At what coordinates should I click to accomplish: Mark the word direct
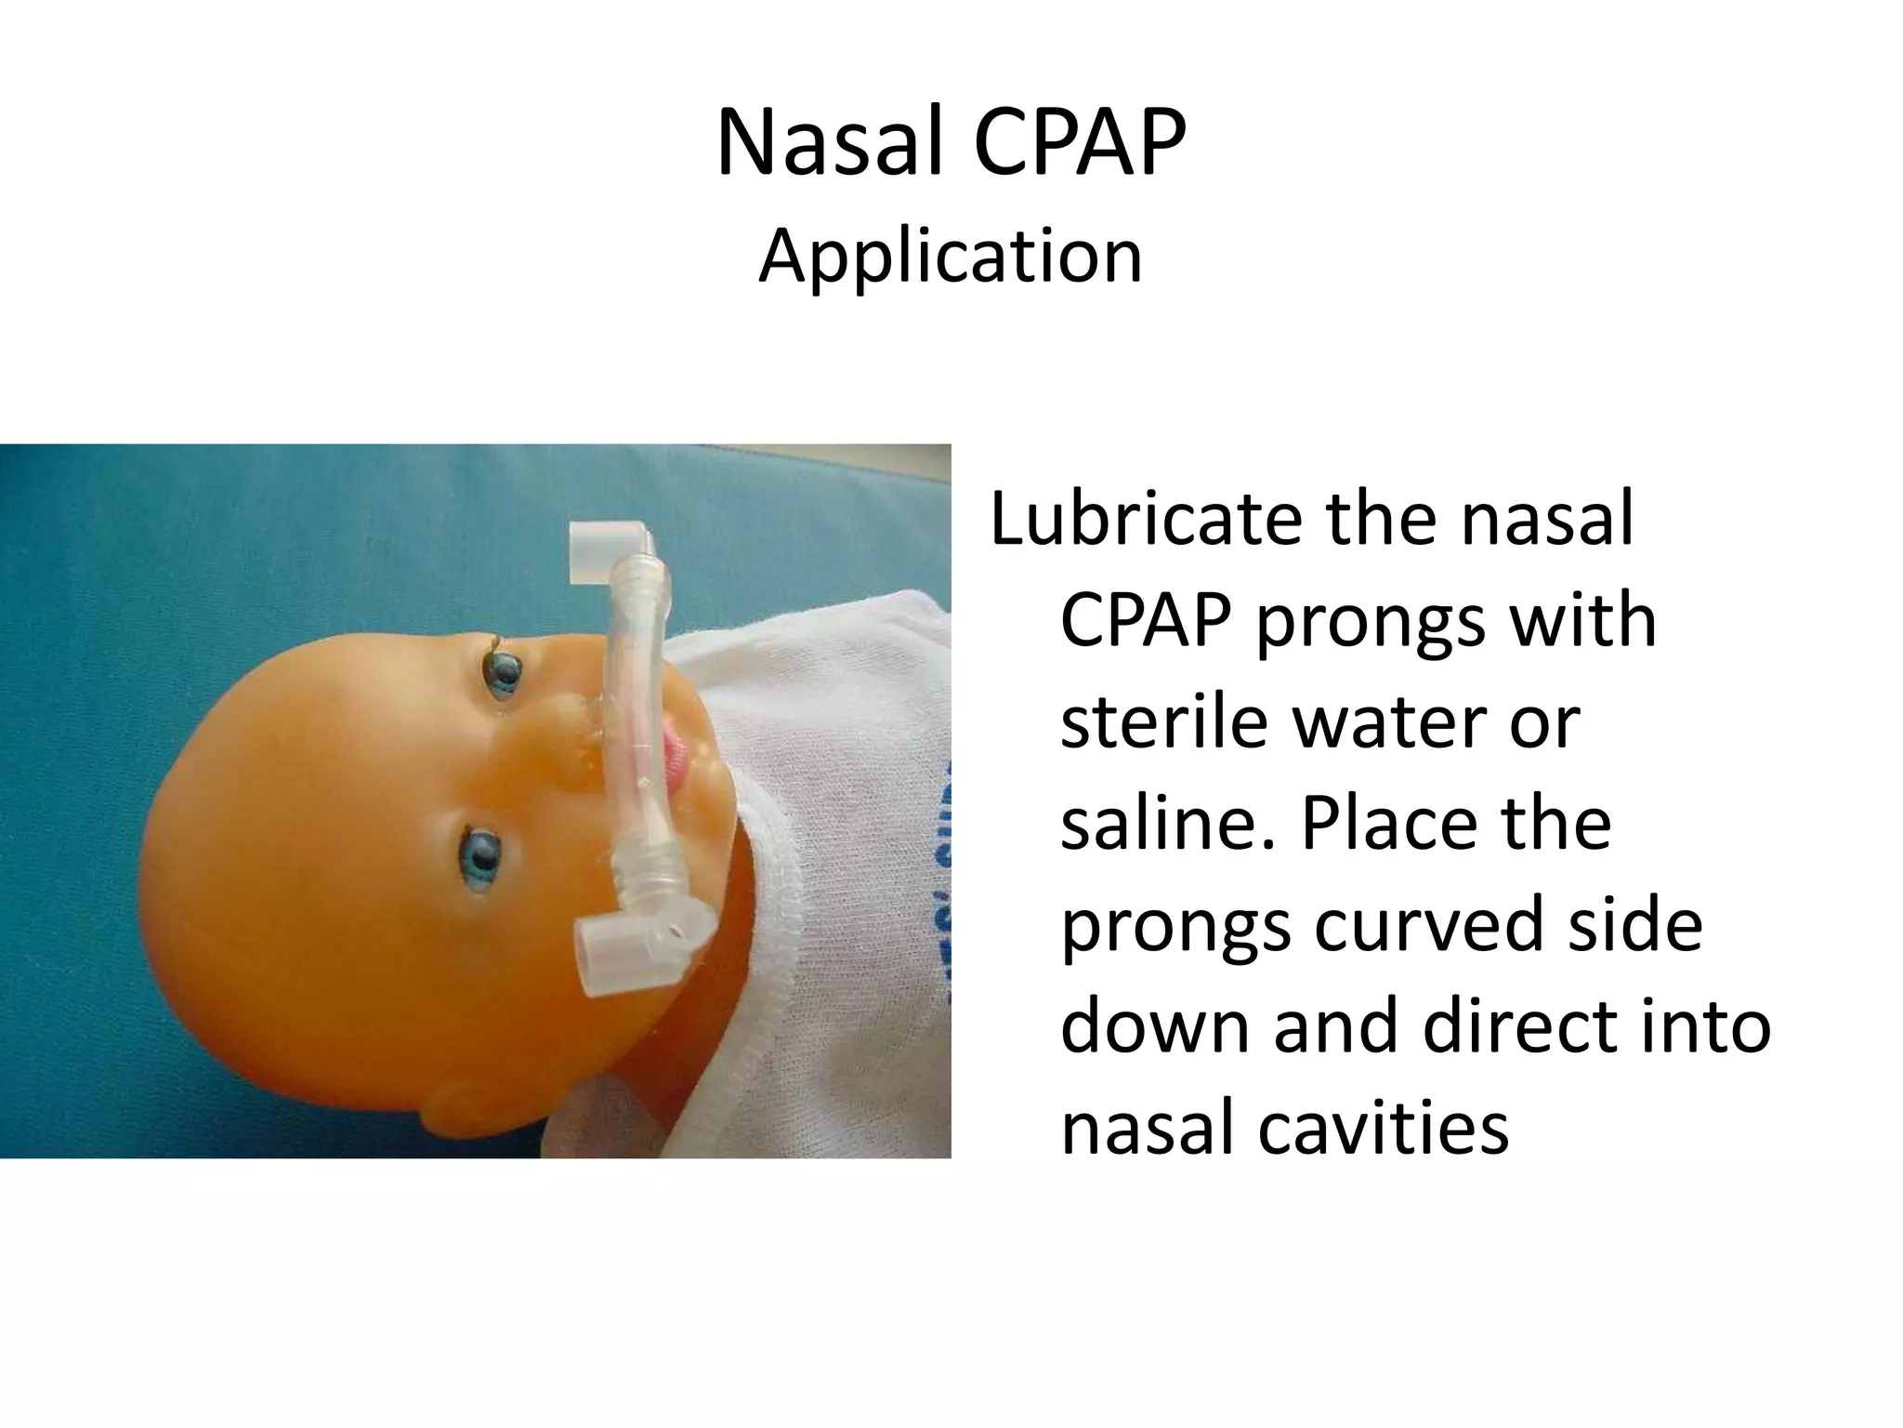pos(1543,1026)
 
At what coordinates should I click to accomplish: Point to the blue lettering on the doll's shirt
pos(935,865)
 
